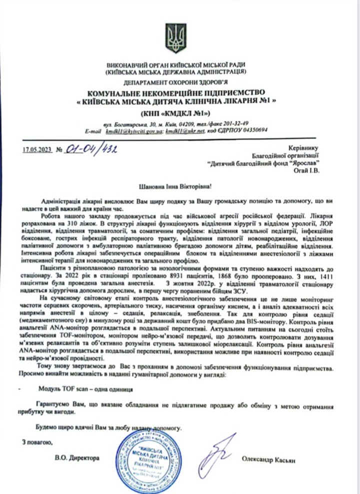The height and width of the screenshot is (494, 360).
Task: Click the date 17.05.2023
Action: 37,148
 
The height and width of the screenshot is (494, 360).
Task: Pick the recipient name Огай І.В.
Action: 306,169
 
